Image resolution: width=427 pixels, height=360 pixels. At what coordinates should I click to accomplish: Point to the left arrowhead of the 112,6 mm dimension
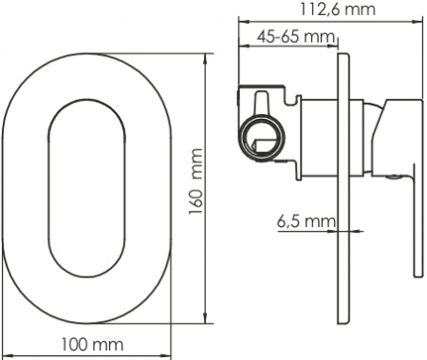point(239,21)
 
